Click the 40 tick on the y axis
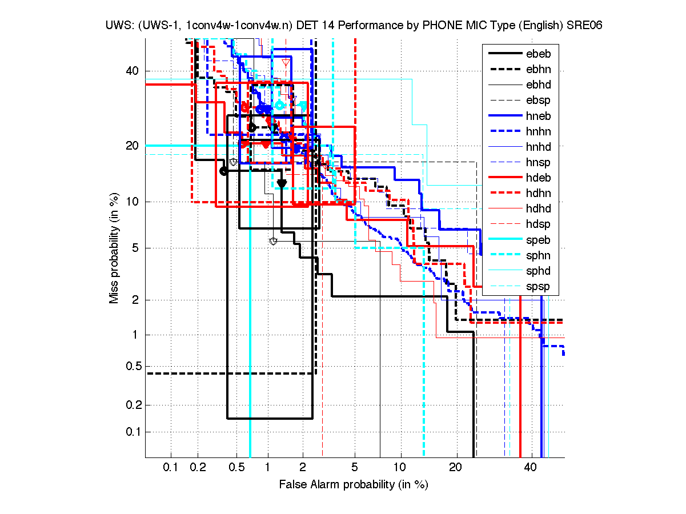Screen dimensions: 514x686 [x=133, y=71]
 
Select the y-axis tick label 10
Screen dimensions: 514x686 [x=133, y=202]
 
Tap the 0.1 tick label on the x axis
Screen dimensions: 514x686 [x=171, y=468]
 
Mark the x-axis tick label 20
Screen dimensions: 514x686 [x=455, y=468]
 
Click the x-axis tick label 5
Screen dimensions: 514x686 [x=355, y=468]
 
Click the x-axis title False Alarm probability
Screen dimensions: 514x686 [x=354, y=485]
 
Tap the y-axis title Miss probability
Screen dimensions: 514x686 [x=114, y=248]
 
